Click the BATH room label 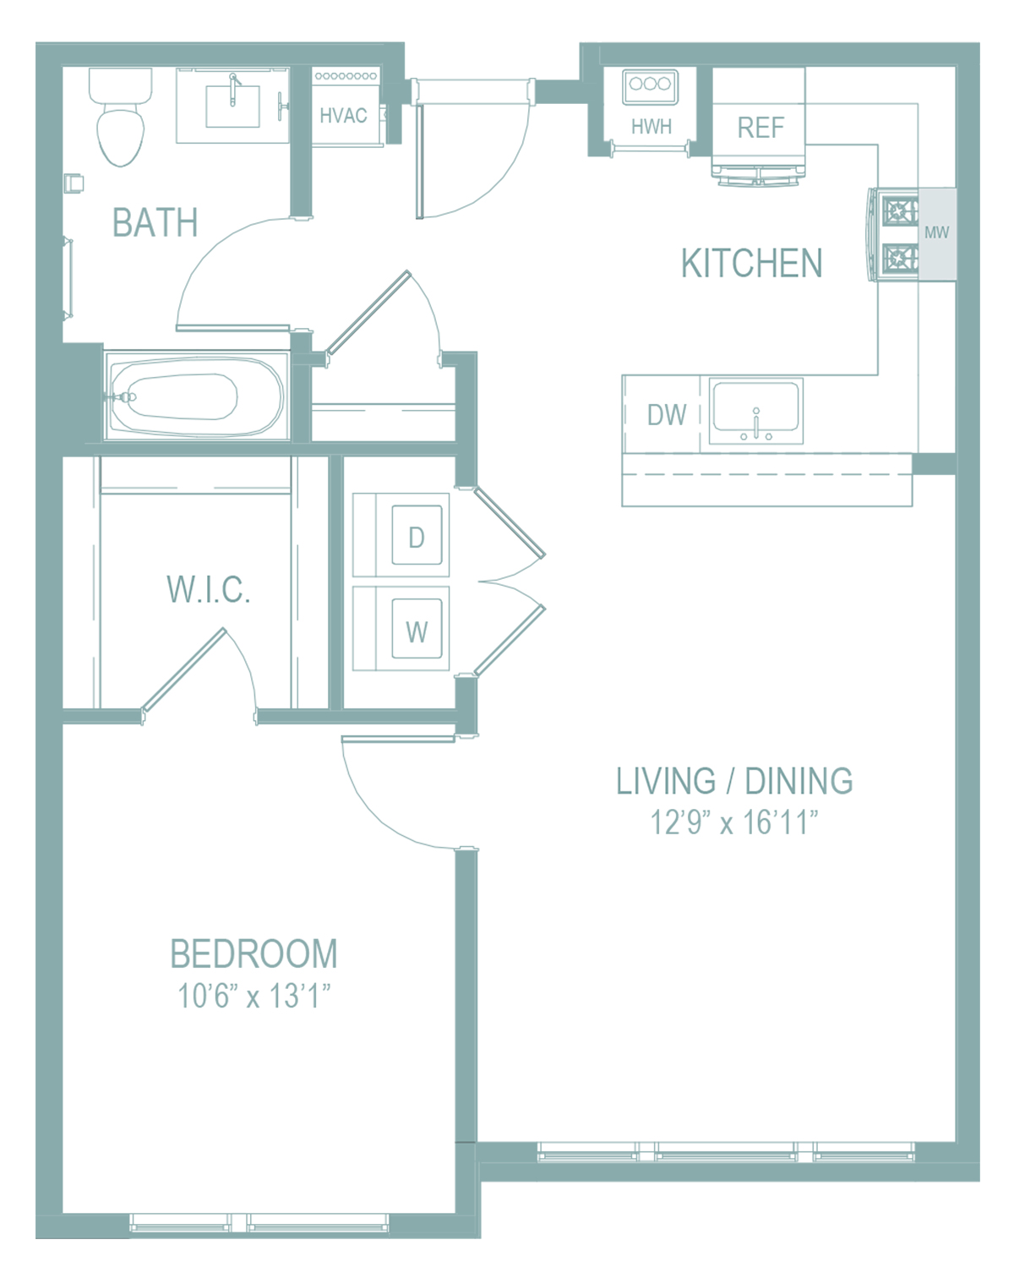[155, 222]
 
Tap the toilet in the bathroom [121, 117]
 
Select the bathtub [197, 396]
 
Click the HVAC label [343, 115]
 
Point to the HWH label [651, 127]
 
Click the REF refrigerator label [760, 127]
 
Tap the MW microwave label [936, 232]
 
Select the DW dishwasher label [667, 415]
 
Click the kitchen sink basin [755, 407]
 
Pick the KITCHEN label [751, 263]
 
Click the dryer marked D [401, 535]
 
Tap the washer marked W [401, 629]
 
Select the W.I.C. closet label [209, 590]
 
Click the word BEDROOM [253, 954]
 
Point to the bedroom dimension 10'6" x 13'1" [253, 996]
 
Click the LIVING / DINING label [734, 781]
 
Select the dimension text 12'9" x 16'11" [734, 822]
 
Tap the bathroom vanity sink [232, 106]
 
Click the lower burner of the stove [899, 258]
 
